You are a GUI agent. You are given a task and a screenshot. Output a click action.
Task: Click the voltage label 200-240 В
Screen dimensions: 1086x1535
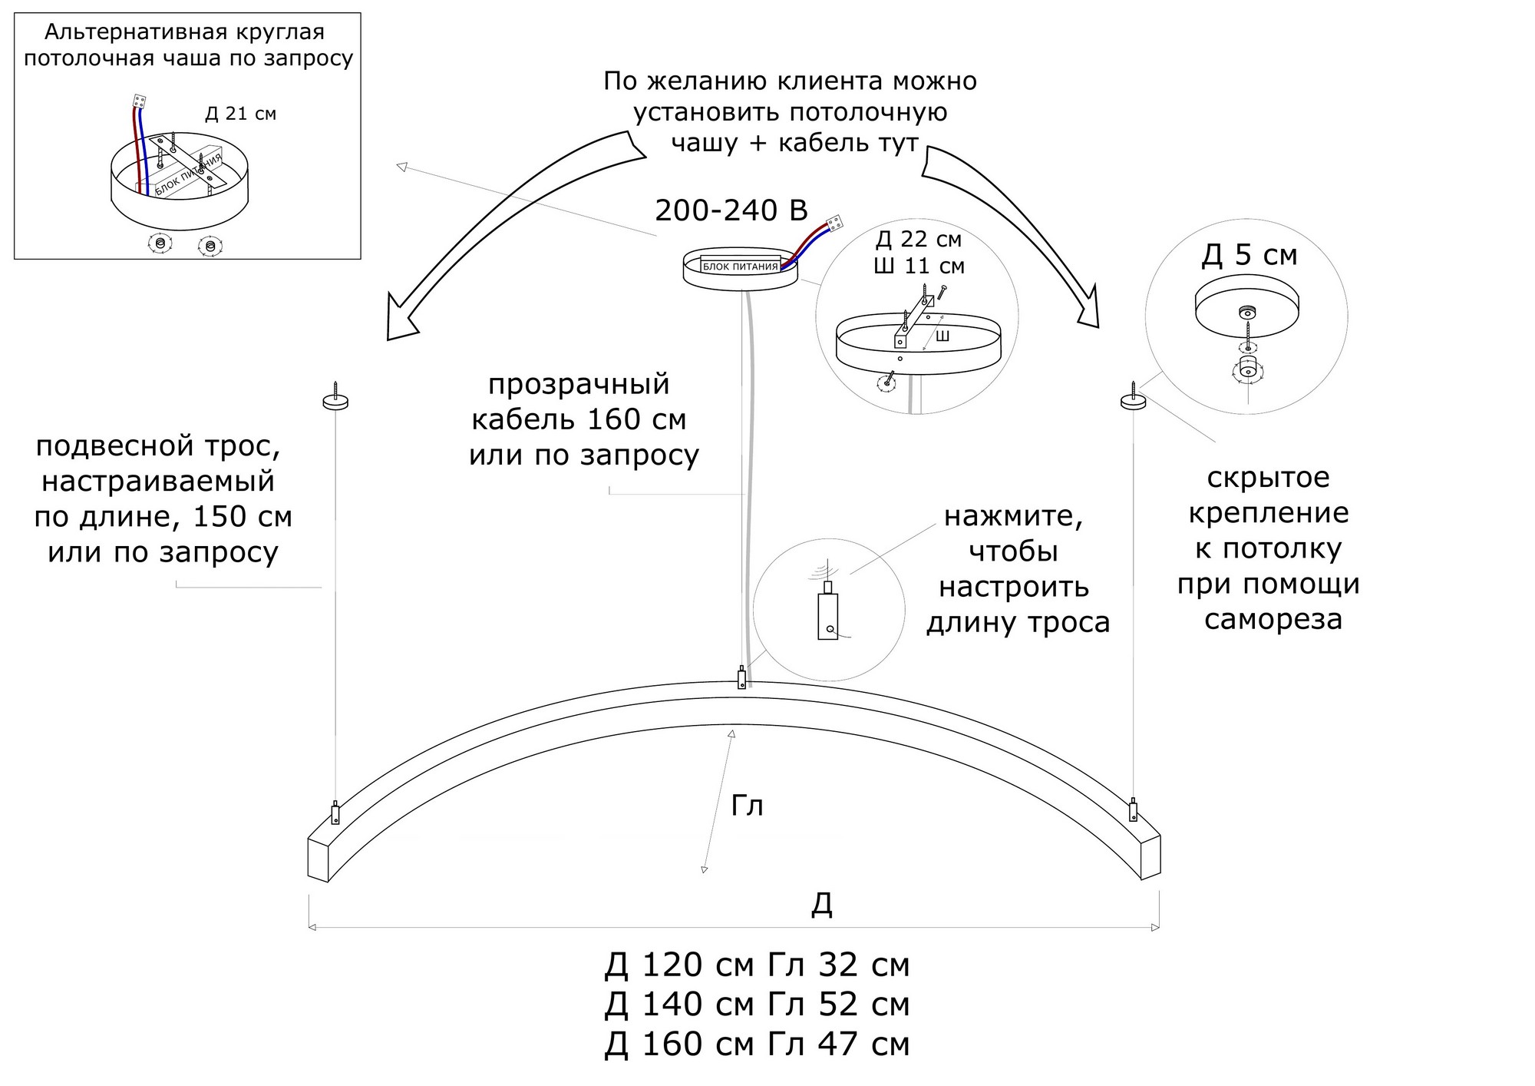(x=731, y=210)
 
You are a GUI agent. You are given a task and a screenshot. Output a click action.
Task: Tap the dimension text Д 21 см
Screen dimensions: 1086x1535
(x=240, y=114)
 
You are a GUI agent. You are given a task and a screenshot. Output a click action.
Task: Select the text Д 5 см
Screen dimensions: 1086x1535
(x=1249, y=255)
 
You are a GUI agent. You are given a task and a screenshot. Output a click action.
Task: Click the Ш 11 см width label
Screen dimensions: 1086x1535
(x=919, y=266)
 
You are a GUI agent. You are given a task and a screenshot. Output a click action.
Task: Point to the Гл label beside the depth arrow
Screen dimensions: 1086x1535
(x=747, y=805)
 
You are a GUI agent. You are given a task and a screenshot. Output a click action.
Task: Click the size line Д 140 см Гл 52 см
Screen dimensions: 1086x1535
(x=757, y=1004)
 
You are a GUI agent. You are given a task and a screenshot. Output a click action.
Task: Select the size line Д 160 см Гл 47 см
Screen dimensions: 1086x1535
(x=757, y=1044)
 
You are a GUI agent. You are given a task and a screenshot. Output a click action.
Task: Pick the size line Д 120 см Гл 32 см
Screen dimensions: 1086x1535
(x=757, y=965)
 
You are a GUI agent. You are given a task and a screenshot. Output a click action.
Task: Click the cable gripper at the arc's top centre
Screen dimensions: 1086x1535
(x=741, y=678)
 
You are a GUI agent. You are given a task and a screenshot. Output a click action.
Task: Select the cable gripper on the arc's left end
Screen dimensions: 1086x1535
(x=335, y=813)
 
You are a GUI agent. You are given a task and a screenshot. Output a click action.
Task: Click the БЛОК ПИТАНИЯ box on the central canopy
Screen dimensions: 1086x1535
(x=741, y=266)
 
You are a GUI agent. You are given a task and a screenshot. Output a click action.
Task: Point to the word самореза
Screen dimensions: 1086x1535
(x=1273, y=619)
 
